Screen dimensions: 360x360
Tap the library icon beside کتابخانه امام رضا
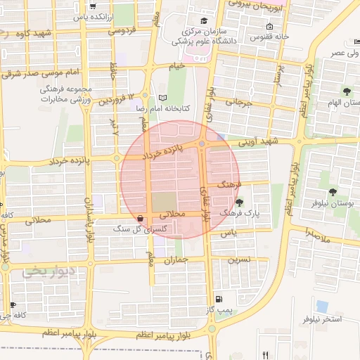164,97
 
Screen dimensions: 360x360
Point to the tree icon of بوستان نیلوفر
333,191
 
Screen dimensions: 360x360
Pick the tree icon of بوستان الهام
347,91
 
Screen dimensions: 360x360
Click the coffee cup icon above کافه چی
13,304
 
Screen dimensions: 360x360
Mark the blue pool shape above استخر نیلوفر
322,307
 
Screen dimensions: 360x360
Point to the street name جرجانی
238,103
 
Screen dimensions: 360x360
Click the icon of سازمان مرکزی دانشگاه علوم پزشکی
204,21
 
